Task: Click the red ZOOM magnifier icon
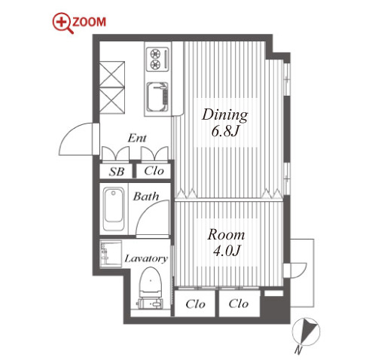click(62, 23)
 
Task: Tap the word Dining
click(225, 116)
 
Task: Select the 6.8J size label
click(225, 131)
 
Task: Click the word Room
click(226, 235)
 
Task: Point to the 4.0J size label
click(227, 250)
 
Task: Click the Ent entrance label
click(137, 138)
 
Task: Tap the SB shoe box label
click(117, 172)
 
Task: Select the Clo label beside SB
click(154, 171)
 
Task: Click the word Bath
click(146, 197)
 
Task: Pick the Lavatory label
click(146, 258)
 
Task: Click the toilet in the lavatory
click(150, 287)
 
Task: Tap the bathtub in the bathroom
click(114, 209)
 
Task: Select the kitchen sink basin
click(157, 97)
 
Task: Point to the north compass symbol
click(306, 331)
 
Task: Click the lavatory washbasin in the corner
click(111, 254)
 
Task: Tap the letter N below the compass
click(298, 349)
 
